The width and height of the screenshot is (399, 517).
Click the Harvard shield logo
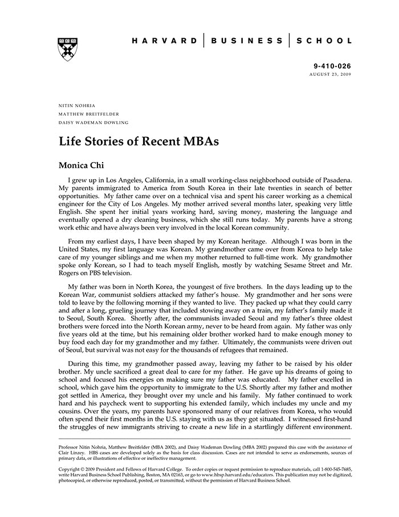[x=68, y=49]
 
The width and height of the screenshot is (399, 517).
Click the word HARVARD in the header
[x=164, y=41]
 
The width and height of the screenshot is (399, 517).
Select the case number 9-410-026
[x=333, y=66]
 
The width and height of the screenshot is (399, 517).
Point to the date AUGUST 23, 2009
[x=331, y=75]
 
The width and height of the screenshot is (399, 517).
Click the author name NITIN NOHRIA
[x=77, y=106]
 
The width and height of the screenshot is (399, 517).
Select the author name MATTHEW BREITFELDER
[x=89, y=114]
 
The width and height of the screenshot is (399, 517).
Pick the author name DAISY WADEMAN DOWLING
[x=93, y=123]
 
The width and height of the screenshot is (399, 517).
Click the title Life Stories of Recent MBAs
[x=139, y=141]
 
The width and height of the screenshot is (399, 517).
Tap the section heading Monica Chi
[x=83, y=165]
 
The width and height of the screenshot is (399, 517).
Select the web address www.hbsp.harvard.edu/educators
[x=235, y=475]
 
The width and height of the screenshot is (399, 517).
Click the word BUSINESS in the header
[x=246, y=41]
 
